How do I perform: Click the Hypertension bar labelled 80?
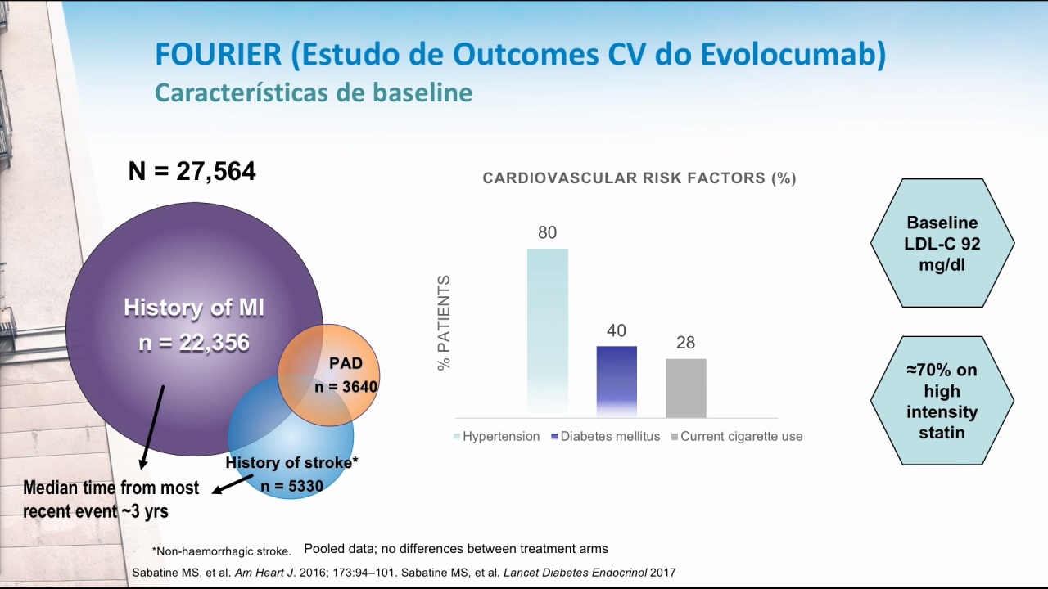[548, 333]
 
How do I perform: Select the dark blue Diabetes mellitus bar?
[617, 381]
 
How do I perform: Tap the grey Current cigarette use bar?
[686, 388]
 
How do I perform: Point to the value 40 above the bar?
[617, 331]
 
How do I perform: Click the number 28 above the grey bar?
[685, 343]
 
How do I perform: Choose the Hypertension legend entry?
[496, 437]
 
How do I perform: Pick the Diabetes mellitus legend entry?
[606, 437]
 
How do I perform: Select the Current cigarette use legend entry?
[737, 437]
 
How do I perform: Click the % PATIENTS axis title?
[444, 322]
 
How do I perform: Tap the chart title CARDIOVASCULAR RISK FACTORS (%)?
[639, 178]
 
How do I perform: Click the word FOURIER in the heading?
[219, 54]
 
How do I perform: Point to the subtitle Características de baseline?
[314, 92]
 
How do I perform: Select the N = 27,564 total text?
[192, 171]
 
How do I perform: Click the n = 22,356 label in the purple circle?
[194, 343]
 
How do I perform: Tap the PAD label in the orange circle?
[346, 363]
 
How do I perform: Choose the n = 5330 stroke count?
[292, 486]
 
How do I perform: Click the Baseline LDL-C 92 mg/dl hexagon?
[942, 243]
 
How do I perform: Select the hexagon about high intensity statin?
[942, 401]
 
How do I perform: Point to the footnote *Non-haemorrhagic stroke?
[221, 551]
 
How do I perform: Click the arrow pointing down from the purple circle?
[152, 427]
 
